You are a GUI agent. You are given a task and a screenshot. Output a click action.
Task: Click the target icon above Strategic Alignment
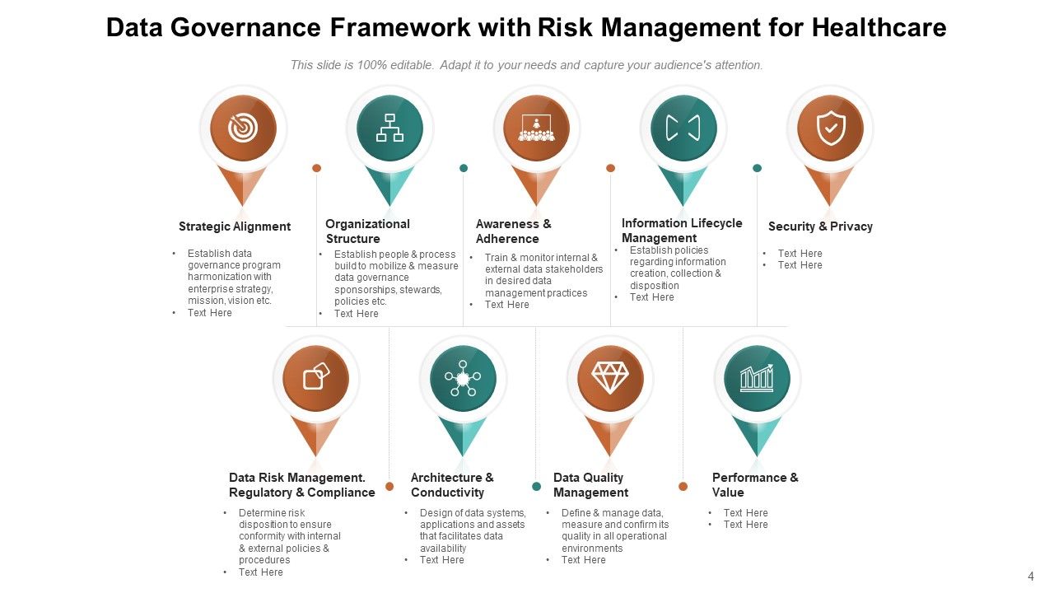(243, 128)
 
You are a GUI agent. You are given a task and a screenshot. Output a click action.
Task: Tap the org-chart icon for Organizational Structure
(389, 128)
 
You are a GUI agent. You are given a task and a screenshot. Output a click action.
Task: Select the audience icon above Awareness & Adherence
(537, 128)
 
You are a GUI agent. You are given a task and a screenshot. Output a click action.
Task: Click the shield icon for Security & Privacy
(830, 128)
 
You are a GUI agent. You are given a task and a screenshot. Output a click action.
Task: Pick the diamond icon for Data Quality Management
(610, 379)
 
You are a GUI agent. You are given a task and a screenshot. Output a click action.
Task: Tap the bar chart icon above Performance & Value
(757, 379)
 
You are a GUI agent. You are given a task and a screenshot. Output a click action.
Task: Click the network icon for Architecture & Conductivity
(463, 379)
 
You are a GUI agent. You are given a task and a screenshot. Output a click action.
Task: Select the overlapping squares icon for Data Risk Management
(316, 379)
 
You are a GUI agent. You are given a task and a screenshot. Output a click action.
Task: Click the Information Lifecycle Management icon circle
(683, 128)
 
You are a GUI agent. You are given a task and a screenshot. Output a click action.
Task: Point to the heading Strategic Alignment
(235, 226)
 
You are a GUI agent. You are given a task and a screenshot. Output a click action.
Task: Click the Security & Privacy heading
(820, 226)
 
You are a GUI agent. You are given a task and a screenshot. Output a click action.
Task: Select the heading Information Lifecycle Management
(682, 231)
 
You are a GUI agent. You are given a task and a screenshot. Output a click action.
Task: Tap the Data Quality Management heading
(590, 485)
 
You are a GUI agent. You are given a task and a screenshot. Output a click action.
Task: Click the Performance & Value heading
(755, 485)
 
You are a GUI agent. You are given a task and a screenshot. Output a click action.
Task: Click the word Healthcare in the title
(879, 28)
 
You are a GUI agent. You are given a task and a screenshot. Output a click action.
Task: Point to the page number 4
(1031, 577)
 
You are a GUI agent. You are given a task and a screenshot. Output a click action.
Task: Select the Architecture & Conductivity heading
(452, 485)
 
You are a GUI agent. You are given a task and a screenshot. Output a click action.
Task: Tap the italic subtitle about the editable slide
(527, 65)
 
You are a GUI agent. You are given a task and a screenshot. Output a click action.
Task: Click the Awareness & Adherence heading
(514, 231)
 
